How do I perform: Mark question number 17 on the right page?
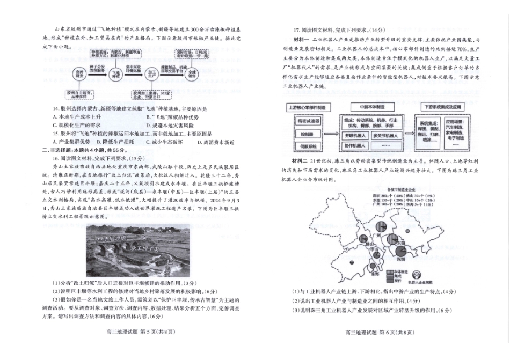click(x=296, y=29)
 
